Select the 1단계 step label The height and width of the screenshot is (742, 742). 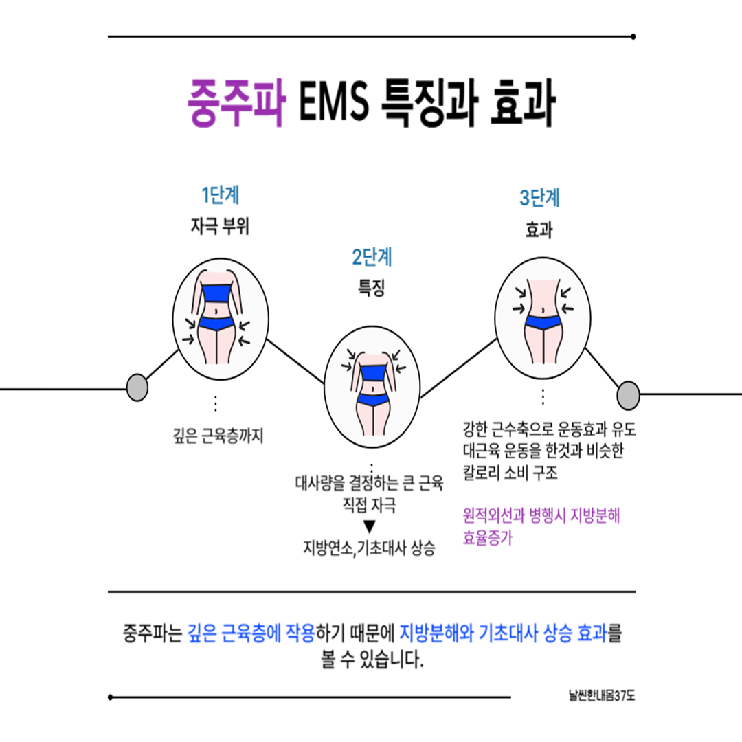(x=220, y=196)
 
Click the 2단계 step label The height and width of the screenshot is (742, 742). (x=372, y=258)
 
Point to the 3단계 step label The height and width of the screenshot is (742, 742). (x=539, y=199)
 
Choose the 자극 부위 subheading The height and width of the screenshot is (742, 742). (x=219, y=227)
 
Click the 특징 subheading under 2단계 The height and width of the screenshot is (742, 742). (x=371, y=289)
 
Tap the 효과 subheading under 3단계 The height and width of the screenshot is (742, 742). (x=539, y=232)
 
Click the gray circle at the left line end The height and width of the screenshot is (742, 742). (x=137, y=387)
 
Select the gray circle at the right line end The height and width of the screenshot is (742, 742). (x=628, y=395)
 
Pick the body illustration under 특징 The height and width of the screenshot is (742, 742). (x=371, y=391)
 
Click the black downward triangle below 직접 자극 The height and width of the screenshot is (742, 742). (x=370, y=527)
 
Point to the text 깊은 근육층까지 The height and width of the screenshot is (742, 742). (x=218, y=436)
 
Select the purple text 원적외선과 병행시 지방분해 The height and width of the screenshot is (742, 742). (x=541, y=515)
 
